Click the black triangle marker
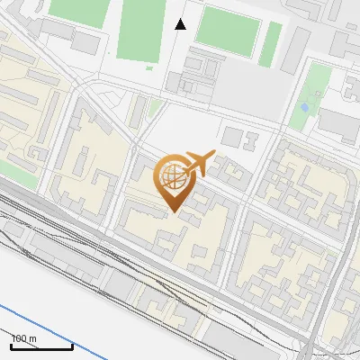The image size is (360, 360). [180, 24]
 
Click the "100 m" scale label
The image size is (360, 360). [24, 337]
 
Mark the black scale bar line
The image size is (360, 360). [41, 346]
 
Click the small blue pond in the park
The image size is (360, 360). [304, 107]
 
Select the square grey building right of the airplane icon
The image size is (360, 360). [232, 138]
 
